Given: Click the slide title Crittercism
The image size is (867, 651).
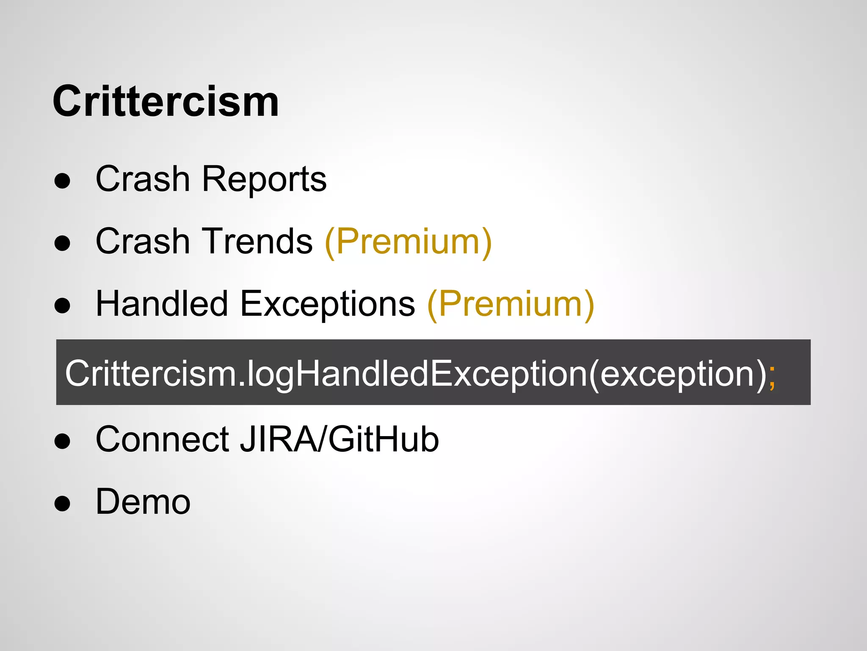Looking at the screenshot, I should pos(166,102).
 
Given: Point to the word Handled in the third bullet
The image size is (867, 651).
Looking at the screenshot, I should pos(162,304).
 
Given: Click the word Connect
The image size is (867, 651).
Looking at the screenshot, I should pos(163,440).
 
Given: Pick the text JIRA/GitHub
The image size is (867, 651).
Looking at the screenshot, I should pos(340,440).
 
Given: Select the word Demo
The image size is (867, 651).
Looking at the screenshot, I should pos(143,502).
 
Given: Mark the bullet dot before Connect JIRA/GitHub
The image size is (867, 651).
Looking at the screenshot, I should pos(62,441).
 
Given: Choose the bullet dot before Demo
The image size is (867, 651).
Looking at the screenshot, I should pos(62,504).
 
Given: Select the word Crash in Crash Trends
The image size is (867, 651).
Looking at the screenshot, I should pos(143,242).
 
